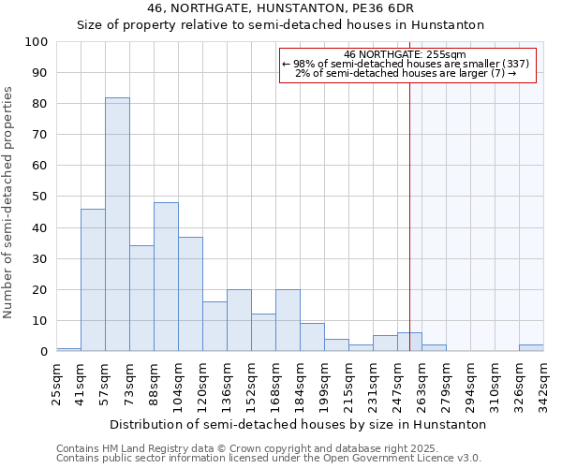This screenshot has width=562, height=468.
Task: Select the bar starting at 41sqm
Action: pos(93,281)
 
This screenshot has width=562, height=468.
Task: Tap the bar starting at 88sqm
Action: pos(166,277)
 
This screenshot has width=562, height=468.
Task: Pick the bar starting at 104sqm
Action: pos(190,294)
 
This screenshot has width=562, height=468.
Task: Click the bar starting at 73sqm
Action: pos(141,299)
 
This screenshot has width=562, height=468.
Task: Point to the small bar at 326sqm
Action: pos(531,348)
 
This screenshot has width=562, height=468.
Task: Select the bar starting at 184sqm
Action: pos(312,338)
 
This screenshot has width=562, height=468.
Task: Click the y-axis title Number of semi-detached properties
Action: pos(8,202)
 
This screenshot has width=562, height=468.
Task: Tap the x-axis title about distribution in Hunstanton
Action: pos(298,424)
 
